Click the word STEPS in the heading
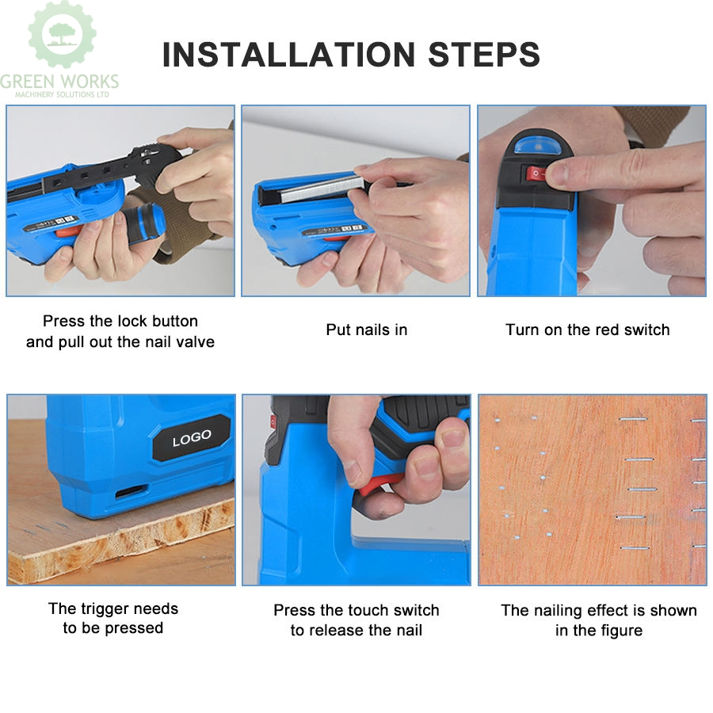pyautogui.click(x=484, y=55)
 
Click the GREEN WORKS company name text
pyautogui.click(x=59, y=81)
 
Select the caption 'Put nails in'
pyautogui.click(x=366, y=330)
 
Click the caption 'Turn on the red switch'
pyautogui.click(x=587, y=330)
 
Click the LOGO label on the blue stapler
pyautogui.click(x=192, y=437)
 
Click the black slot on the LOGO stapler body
pyautogui.click(x=132, y=493)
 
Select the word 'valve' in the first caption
pyautogui.click(x=195, y=342)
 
